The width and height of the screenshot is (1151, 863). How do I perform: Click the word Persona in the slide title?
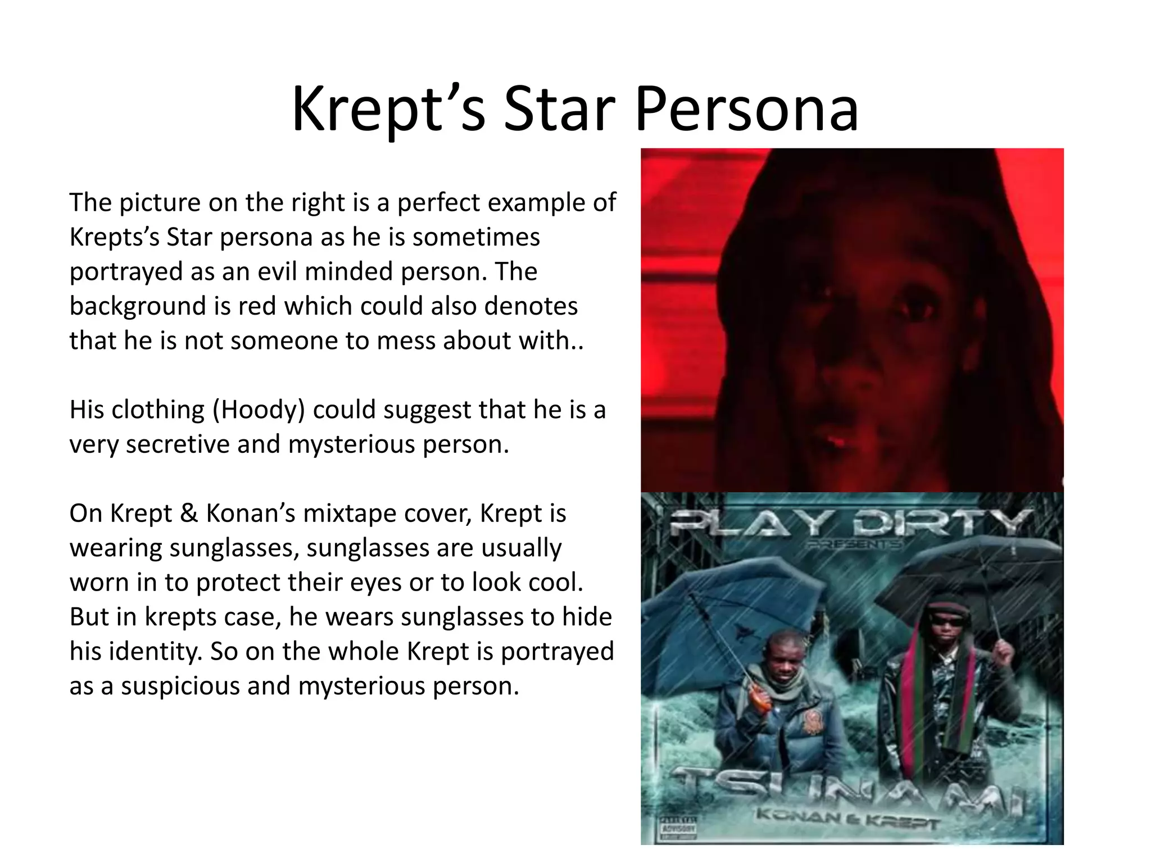point(747,110)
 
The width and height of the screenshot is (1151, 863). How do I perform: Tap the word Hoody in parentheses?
point(259,410)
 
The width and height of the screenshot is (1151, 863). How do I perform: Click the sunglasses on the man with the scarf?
point(948,620)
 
